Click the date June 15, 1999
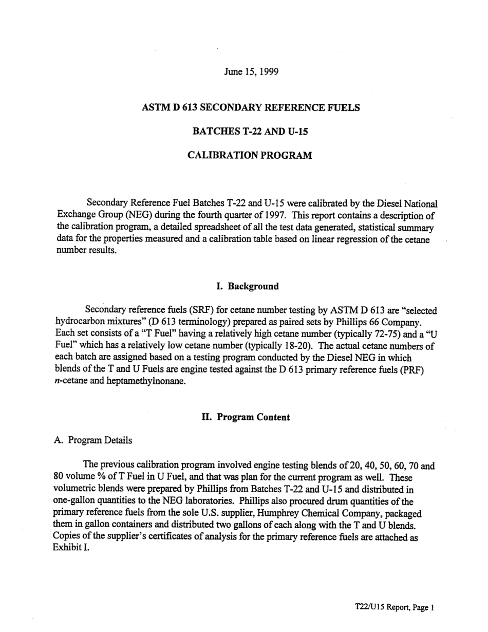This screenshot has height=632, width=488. coord(251,71)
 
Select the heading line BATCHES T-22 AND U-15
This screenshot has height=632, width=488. coord(250,132)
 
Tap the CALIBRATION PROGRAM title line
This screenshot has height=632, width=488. coord(250,155)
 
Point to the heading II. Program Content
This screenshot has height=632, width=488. coord(246,417)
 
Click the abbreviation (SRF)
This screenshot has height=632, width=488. coord(205,310)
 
